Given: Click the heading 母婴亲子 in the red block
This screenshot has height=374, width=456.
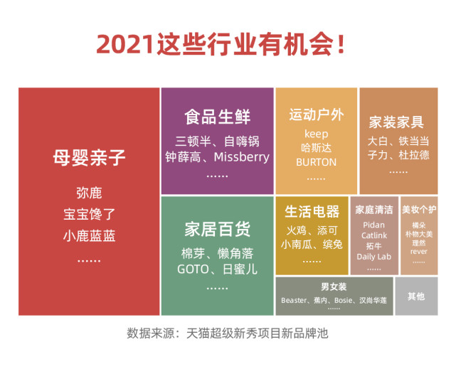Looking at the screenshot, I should pos(89,157).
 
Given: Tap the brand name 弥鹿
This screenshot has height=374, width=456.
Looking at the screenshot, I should pos(89,193).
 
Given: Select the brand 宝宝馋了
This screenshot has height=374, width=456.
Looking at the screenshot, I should pos(89,213).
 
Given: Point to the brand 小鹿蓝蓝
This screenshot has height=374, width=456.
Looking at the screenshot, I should pos(89,235).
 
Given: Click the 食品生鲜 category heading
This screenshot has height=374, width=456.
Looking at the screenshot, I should pos(217,116).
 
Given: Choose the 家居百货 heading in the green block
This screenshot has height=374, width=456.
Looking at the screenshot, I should pos(217,229).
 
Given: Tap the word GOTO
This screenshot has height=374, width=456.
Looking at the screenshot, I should pos(191,269).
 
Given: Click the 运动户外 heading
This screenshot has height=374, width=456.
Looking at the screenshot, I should pos(316,114).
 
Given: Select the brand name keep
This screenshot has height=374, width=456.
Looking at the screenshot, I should pos(316,134).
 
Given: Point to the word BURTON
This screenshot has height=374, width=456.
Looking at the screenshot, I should pos(316,161).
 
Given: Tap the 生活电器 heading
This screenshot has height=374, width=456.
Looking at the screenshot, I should pos(312,211).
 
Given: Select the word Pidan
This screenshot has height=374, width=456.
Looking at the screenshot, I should pos(373,225).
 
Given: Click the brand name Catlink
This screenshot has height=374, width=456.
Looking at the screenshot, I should pos(373,235).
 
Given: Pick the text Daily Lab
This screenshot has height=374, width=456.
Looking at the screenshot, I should pos(373,257).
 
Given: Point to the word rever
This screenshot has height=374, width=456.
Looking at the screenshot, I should pos(419,251).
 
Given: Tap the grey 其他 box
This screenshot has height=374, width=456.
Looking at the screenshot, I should pos(416,296).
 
